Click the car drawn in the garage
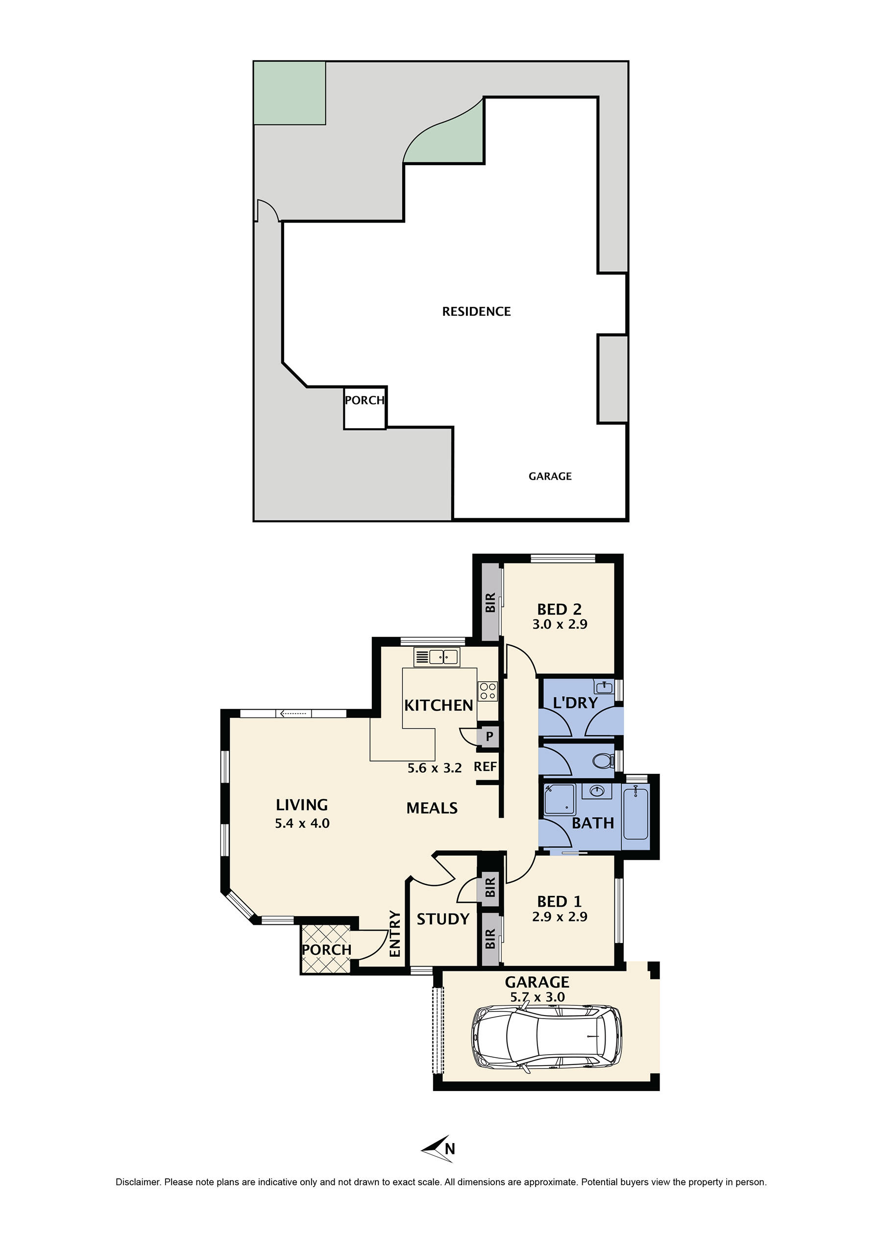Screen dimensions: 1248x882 [x=546, y=1039]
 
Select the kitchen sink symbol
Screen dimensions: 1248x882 [x=437, y=657]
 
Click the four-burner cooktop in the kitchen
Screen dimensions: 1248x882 [x=487, y=691]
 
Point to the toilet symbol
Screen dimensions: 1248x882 [x=602, y=760]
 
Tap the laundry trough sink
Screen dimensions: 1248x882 [x=605, y=688]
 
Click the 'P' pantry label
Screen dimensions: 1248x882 [x=489, y=737]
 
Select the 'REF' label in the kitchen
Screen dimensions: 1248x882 [x=485, y=766]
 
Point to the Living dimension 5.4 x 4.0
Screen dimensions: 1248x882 [x=302, y=823]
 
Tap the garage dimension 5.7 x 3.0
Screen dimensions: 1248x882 [x=537, y=997]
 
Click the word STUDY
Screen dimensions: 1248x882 [x=442, y=918]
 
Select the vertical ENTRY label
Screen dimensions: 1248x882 [x=395, y=933]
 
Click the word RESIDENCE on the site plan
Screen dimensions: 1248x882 [x=476, y=311]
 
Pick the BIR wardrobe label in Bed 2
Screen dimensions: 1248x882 [x=490, y=602]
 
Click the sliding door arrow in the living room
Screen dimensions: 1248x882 [x=294, y=713]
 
